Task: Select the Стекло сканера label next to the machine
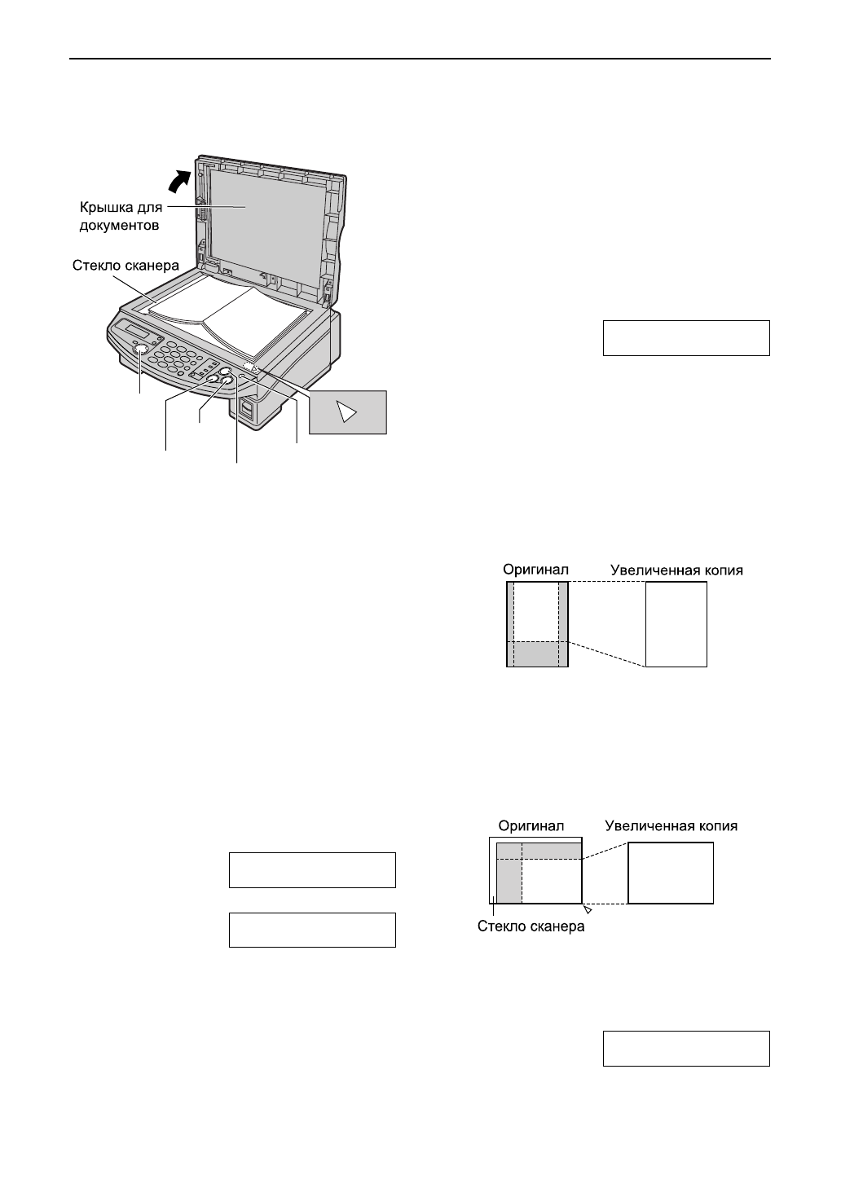(x=125, y=265)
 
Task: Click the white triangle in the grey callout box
(x=348, y=412)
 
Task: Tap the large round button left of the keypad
(x=140, y=350)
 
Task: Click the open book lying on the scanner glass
(x=232, y=318)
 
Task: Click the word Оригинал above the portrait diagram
(x=535, y=570)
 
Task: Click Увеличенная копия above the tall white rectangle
(x=676, y=570)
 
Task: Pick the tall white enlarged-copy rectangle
(x=676, y=624)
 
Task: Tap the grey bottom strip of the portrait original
(x=536, y=653)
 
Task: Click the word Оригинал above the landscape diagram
(x=531, y=825)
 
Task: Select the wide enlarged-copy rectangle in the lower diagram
(x=671, y=873)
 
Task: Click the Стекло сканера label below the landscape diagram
(x=531, y=926)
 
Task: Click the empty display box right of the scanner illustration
(x=686, y=338)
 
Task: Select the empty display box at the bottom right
(x=686, y=1048)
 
